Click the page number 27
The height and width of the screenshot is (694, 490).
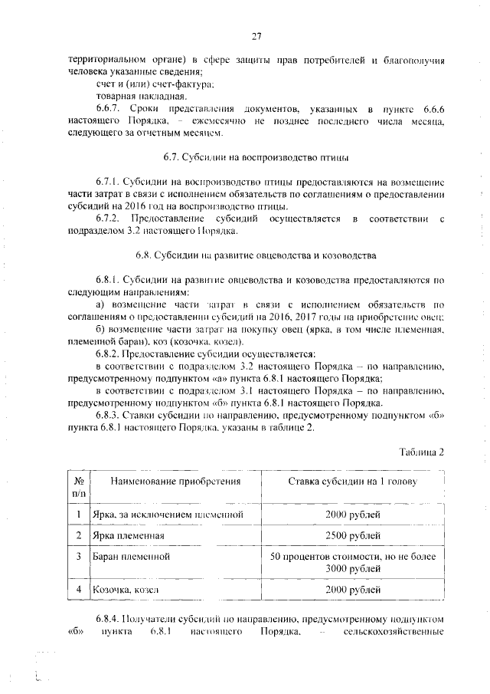[256, 35]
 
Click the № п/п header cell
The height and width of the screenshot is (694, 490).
[78, 488]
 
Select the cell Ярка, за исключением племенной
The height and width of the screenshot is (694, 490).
[167, 513]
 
